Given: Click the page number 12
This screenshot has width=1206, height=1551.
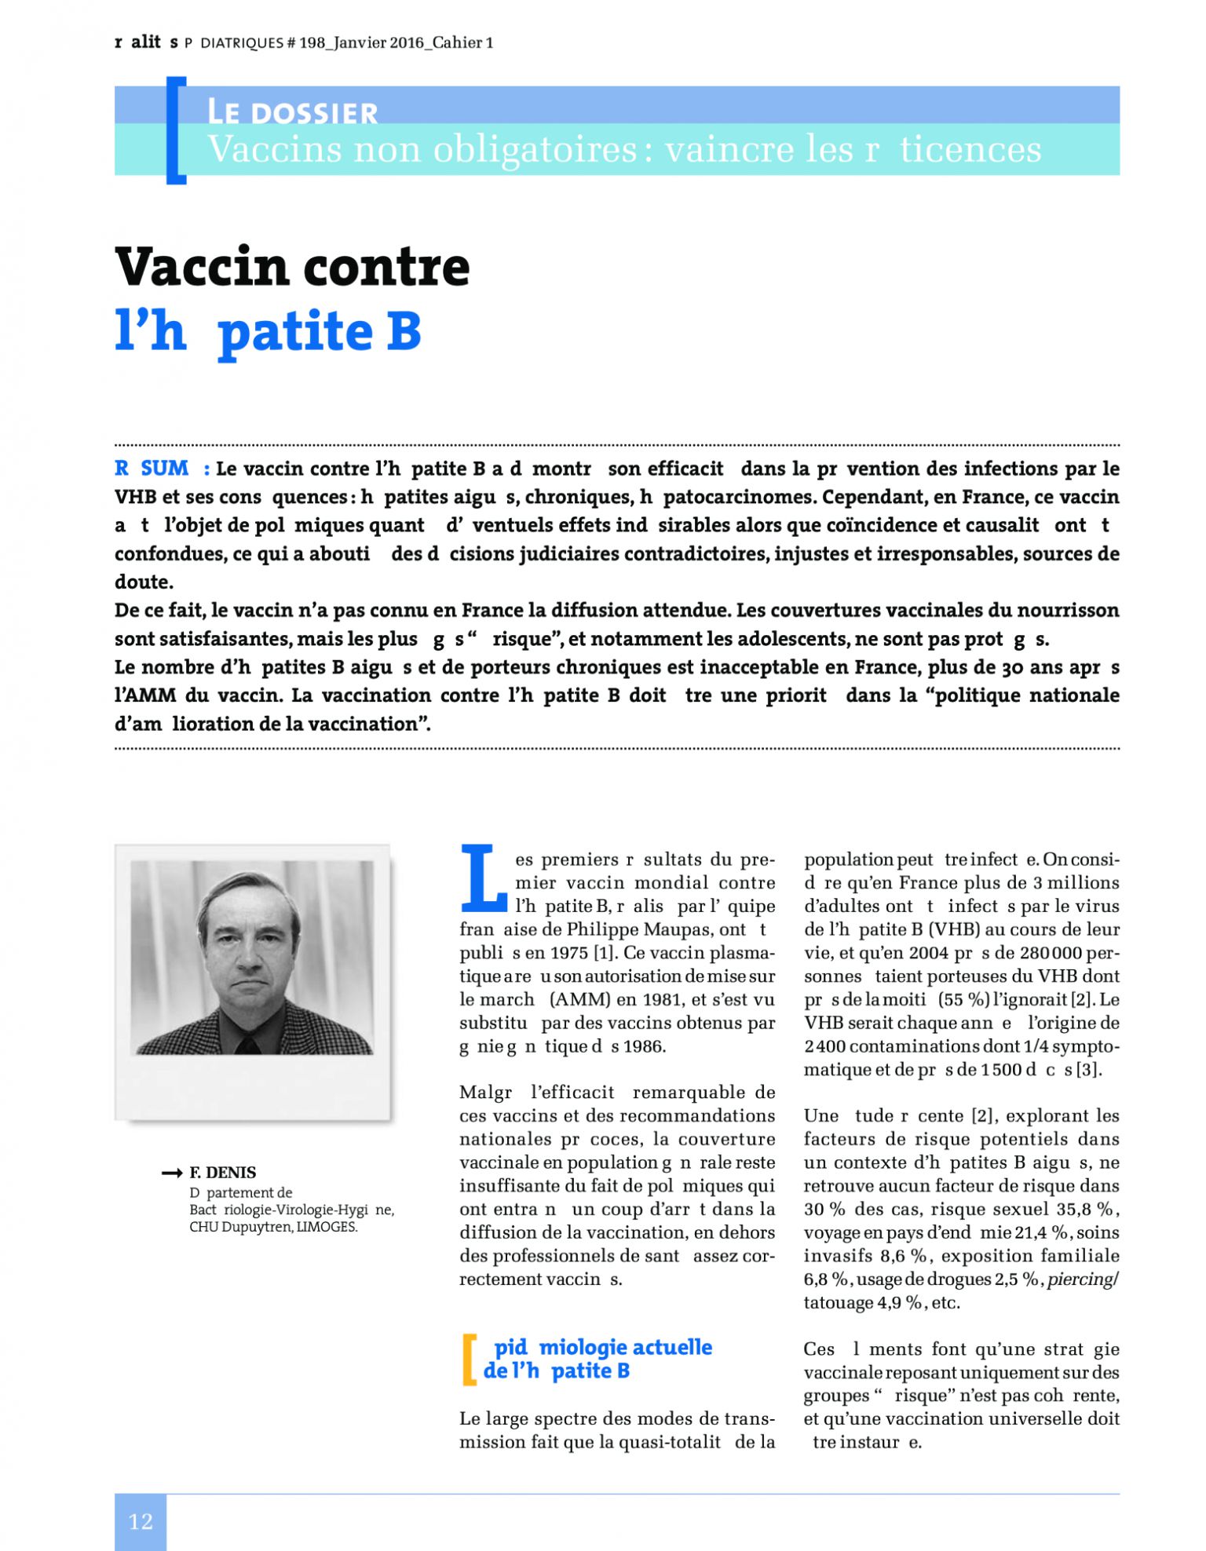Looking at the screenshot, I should [x=141, y=1521].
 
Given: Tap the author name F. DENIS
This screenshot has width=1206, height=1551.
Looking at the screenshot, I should [x=223, y=1173].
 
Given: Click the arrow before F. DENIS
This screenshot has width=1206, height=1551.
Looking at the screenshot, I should [x=171, y=1173].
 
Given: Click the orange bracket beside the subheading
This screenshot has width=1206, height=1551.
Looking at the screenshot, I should [x=470, y=1359].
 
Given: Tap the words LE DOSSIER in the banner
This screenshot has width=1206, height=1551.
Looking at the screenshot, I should [x=292, y=112].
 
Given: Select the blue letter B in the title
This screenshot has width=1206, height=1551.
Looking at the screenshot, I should [x=404, y=331].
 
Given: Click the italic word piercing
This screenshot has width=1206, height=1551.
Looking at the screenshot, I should [x=1080, y=1279].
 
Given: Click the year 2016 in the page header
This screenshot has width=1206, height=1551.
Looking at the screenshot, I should [x=406, y=43].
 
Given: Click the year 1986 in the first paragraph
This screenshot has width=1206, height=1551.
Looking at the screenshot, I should [x=645, y=1046].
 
